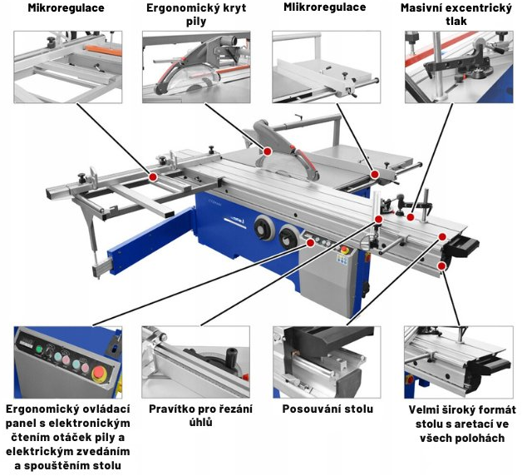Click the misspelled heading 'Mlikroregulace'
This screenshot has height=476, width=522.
tap(324, 7)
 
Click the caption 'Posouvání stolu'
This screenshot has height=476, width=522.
tap(327, 409)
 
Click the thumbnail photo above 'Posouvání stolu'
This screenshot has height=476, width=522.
tap(326, 361)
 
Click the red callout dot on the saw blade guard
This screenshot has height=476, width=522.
tap(268, 151)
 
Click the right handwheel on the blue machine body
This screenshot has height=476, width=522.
tap(290, 238)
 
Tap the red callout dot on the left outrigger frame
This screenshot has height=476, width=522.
tap(153, 176)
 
